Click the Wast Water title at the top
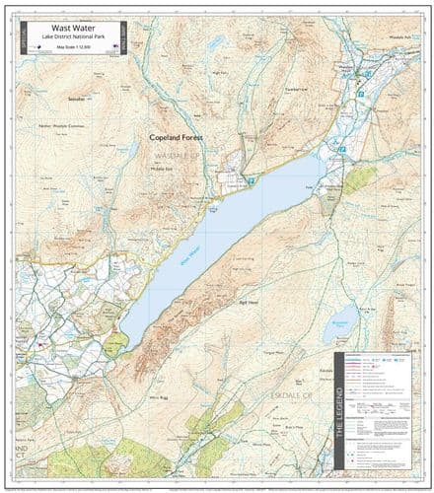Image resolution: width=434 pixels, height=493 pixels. click(x=68, y=28)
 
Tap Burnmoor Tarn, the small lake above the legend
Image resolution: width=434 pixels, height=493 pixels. click(x=340, y=324)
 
